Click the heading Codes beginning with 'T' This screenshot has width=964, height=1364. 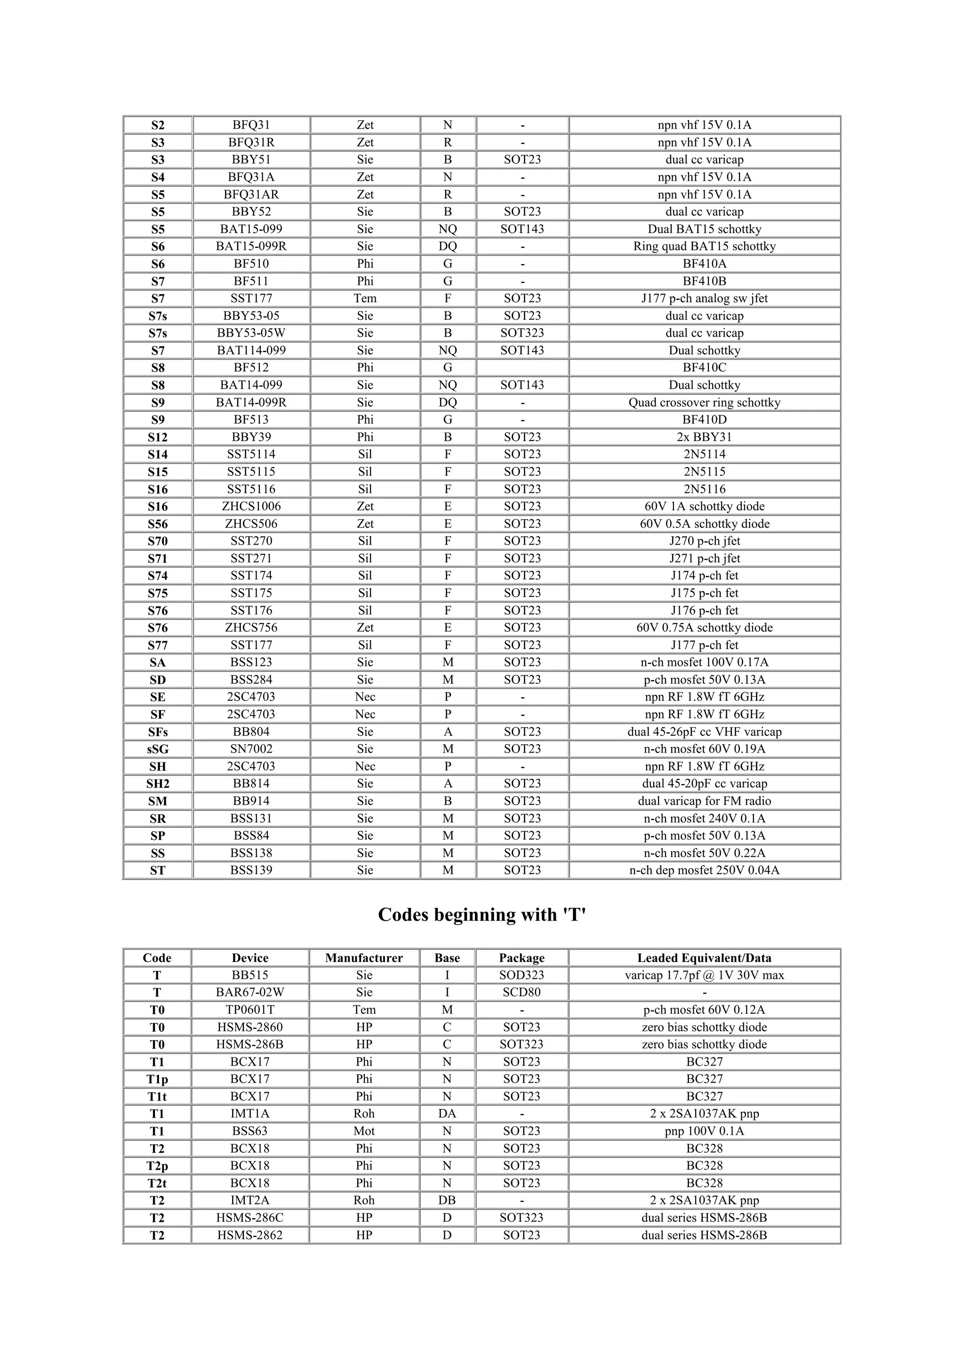click(x=482, y=915)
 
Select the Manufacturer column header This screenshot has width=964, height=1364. click(x=364, y=958)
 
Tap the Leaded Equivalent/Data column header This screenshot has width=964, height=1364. click(x=705, y=958)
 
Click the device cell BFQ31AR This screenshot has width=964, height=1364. click(x=251, y=194)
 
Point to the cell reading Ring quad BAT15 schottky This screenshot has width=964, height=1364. click(x=705, y=246)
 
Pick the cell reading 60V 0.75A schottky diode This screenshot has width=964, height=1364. click(x=705, y=627)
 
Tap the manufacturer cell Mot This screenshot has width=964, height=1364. click(x=364, y=1131)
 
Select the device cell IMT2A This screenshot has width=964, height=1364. click(x=250, y=1200)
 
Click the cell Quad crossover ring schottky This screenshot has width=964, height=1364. click(x=705, y=402)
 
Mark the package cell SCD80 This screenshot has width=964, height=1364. click(x=522, y=992)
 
